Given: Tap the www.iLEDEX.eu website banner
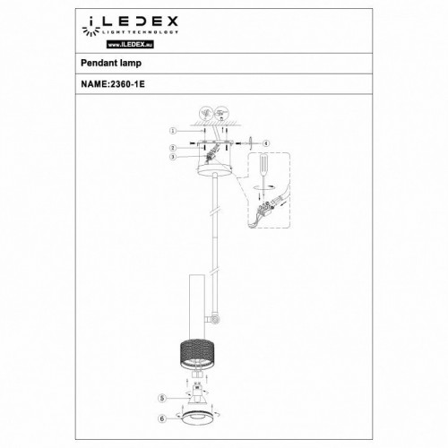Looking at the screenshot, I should click(95, 40).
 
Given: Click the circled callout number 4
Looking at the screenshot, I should click(266, 142).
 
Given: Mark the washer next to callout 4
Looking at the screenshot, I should click(249, 142).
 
